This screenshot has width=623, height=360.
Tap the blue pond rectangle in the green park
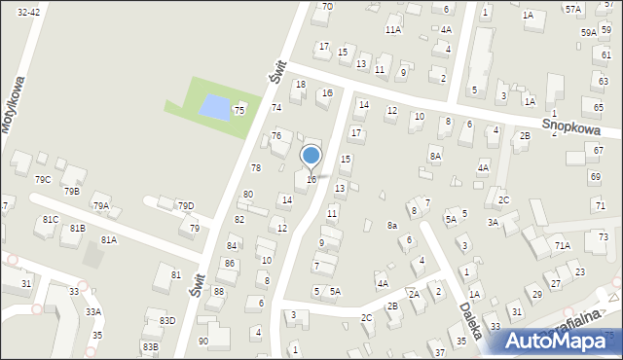coord(215,104)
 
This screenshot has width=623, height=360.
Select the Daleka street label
coord(470,319)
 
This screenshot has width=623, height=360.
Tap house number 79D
coord(185,205)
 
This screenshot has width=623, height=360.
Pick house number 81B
coord(76,228)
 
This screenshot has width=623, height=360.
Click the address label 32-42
coord(28,11)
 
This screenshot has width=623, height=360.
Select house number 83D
coord(166,320)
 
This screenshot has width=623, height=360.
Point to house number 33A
coord(92,311)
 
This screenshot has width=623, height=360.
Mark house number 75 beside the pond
coord(238,111)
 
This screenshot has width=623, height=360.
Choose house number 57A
coord(572,9)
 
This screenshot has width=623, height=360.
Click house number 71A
coord(563,246)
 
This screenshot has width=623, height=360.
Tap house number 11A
coord(392,30)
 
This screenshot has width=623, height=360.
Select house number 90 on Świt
coord(202,341)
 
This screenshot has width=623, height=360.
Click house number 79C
coord(43,180)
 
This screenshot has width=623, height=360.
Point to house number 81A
coord(109,239)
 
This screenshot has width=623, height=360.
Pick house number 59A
coord(588,32)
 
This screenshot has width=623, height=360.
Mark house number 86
coord(230,264)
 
